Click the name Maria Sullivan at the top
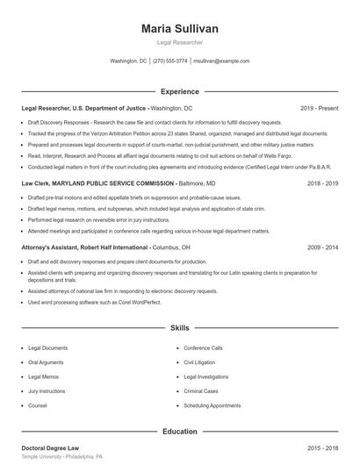[x=180, y=29]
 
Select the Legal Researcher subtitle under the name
[x=180, y=42]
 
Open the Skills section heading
[x=180, y=328]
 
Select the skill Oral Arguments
[x=47, y=361]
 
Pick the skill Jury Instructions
[x=47, y=391]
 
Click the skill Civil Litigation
[x=201, y=361]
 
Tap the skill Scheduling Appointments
[x=212, y=406]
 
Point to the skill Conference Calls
[x=204, y=347]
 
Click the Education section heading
[x=180, y=432]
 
